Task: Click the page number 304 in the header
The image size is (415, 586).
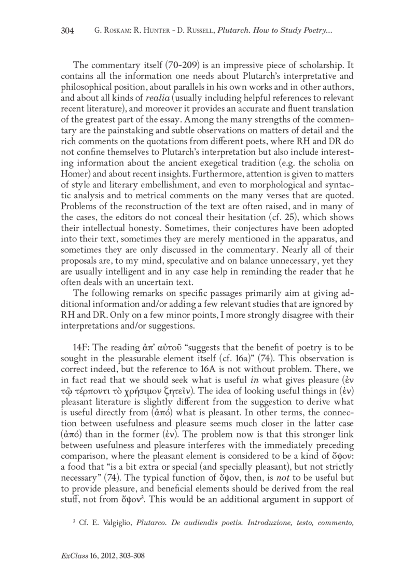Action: [x=67, y=31]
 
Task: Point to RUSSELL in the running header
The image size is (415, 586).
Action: [x=200, y=31]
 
